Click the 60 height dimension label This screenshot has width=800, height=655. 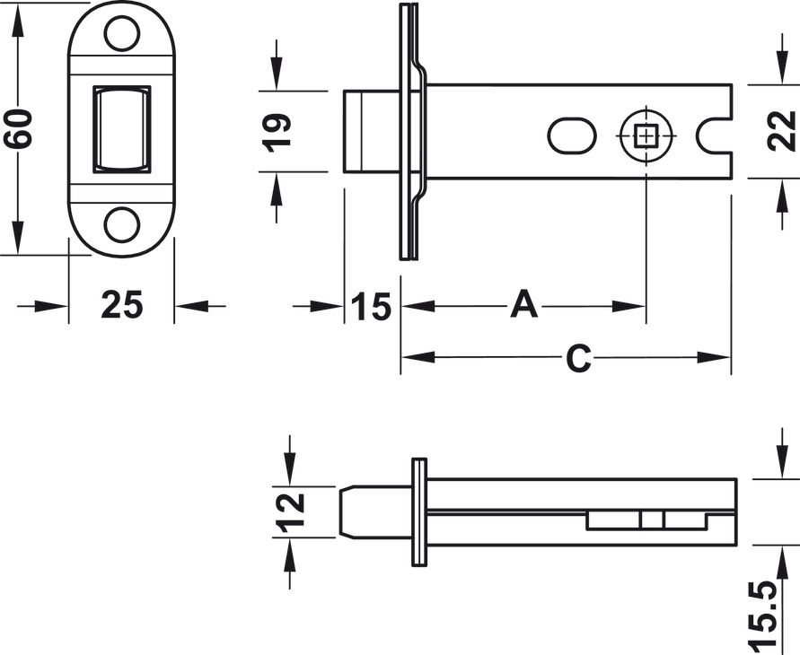(x=18, y=129)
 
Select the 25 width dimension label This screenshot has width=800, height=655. (x=122, y=305)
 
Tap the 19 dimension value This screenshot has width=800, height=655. (x=277, y=133)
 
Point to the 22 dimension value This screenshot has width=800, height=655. (x=781, y=130)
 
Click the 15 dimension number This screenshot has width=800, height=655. (x=372, y=307)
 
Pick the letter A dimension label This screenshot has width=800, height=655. (x=524, y=304)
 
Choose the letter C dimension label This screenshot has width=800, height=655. (x=579, y=358)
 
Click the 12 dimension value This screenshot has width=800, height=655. (x=290, y=513)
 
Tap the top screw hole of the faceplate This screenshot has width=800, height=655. (x=121, y=33)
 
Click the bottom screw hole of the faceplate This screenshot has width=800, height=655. (x=121, y=225)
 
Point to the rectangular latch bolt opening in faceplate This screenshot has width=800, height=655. (x=121, y=129)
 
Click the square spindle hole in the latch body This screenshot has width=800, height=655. (x=646, y=136)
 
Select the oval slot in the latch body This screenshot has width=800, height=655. (x=571, y=136)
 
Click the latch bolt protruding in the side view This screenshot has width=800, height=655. (x=371, y=132)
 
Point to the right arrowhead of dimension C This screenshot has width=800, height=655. (x=715, y=357)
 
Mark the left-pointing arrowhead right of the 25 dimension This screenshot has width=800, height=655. (x=192, y=306)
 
